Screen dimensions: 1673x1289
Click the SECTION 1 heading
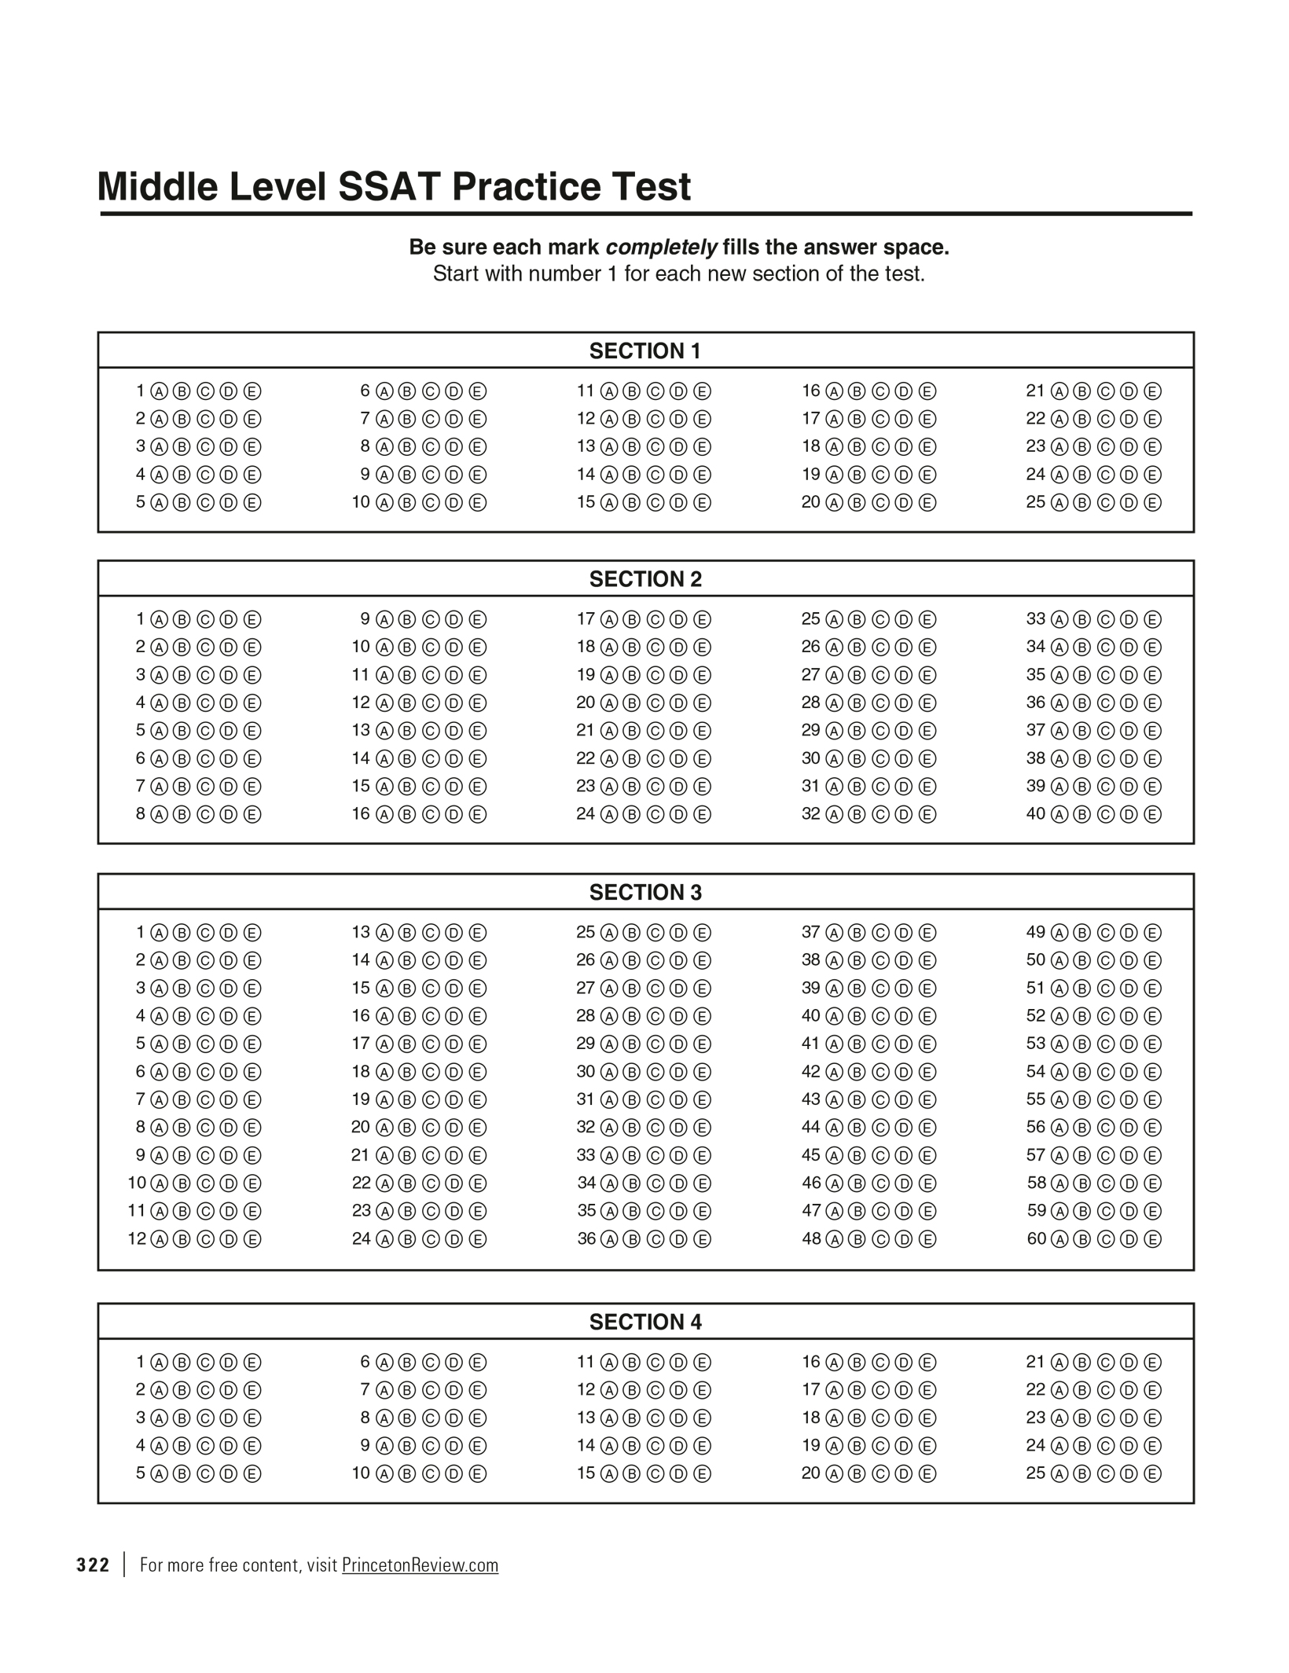644,351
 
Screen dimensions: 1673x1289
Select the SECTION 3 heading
644,893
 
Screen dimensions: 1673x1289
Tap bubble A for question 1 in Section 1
159,391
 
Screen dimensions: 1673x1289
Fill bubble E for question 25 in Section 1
1152,503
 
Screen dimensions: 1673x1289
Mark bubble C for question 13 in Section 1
655,447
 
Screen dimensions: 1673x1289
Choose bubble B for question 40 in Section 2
1082,815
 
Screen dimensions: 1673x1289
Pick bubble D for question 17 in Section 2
678,620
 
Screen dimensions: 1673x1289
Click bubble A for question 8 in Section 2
159,815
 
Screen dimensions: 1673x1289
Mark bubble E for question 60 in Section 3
1152,1240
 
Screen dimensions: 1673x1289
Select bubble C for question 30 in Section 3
655,1073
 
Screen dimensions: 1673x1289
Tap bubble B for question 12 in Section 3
182,1240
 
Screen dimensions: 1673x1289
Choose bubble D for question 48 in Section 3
904,1240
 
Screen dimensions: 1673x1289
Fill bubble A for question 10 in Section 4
384,1474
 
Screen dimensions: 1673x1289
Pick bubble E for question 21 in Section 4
1152,1363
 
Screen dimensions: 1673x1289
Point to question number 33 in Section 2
1036,619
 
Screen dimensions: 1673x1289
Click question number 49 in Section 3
1036,933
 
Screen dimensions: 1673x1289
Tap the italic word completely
661,248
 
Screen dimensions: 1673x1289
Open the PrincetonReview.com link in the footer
420,1565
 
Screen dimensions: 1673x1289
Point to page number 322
93,1565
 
